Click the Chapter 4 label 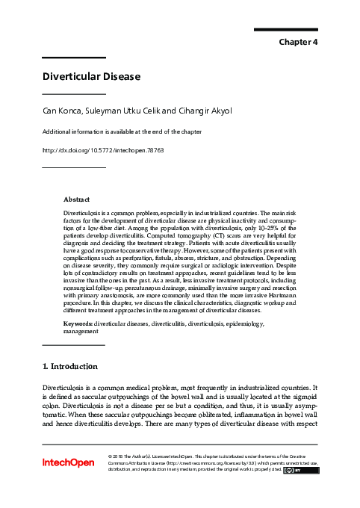tap(299, 42)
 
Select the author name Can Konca tap(63, 111)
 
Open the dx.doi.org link tap(102, 149)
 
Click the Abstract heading tap(76, 199)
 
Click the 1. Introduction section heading tap(69, 367)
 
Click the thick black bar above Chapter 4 tap(286, 29)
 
